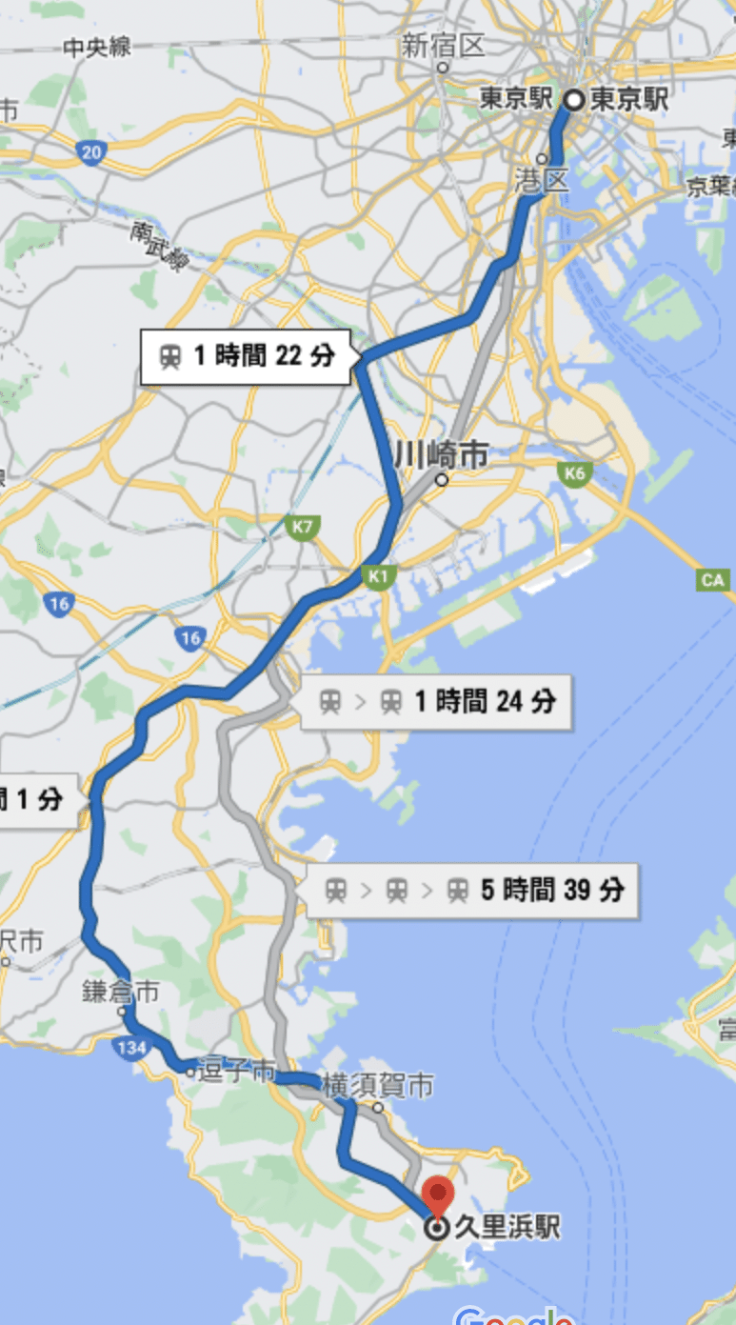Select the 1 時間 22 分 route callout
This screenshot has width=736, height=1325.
tap(246, 356)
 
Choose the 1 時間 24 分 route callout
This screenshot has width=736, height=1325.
tap(436, 702)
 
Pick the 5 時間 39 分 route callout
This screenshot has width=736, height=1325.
tap(472, 891)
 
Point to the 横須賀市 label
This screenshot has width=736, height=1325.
tap(378, 1085)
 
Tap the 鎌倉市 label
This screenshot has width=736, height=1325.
tap(120, 992)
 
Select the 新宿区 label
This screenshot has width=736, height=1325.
tap(444, 45)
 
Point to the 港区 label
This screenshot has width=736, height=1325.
tap(542, 178)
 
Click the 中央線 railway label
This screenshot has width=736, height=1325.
tap(98, 48)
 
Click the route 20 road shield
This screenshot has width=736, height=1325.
tap(91, 153)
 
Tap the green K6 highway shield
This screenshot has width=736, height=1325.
tap(574, 472)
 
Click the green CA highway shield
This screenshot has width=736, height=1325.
tap(712, 579)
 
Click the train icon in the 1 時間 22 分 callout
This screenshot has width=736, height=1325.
tap(170, 357)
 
